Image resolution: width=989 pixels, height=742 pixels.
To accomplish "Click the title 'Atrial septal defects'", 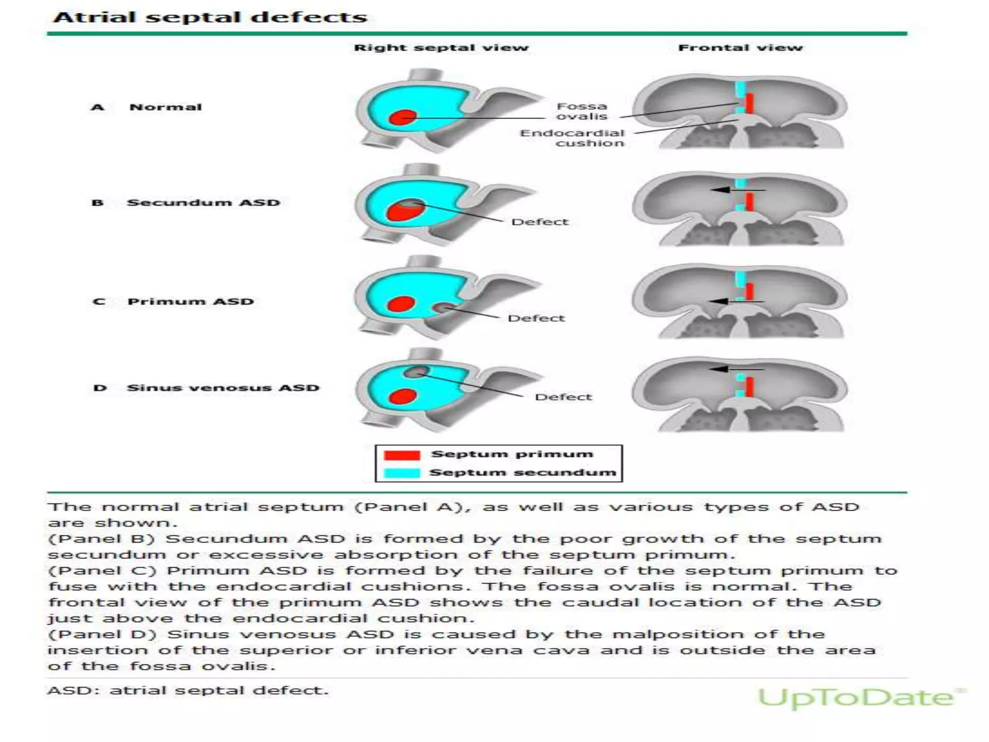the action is [210, 17].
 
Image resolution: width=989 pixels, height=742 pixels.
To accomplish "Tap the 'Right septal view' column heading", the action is [441, 48].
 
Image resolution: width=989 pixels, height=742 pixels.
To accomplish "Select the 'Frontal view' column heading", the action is [740, 48].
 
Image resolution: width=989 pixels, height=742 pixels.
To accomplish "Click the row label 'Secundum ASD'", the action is [203, 203].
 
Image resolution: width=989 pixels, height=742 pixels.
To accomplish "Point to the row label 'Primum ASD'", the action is [190, 302].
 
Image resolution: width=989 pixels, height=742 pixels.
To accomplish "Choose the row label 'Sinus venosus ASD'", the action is [223, 388].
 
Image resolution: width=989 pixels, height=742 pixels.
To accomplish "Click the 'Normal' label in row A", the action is [165, 107].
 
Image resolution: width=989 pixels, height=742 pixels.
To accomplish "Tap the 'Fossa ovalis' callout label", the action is [581, 111].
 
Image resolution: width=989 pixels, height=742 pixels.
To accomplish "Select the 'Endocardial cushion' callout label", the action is [573, 138].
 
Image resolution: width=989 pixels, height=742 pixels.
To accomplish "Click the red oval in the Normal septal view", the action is [403, 117].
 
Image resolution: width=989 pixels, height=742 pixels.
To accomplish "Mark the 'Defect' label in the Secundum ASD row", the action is [539, 222].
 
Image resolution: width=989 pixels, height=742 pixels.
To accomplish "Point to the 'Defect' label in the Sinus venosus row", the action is [563, 397].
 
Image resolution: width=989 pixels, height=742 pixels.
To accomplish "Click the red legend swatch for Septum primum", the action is [402, 455].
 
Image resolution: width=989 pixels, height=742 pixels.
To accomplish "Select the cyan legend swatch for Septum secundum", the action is [402, 473].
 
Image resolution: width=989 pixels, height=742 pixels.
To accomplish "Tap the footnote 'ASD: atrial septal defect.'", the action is [187, 691].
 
